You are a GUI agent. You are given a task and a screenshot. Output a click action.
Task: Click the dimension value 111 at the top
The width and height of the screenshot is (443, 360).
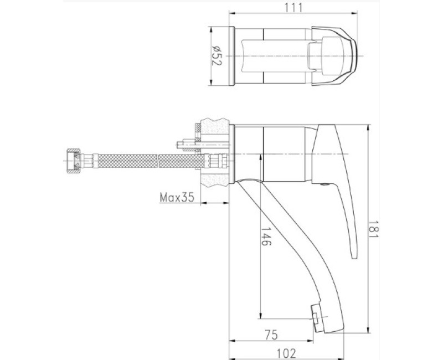coord(293,7)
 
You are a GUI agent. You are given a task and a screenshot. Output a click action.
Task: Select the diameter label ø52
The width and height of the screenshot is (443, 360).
coord(217,55)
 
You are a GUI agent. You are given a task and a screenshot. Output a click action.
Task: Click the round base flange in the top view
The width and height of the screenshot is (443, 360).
coord(233,55)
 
